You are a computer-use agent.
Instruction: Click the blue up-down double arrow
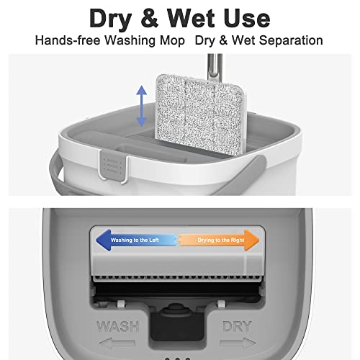(x=141, y=107)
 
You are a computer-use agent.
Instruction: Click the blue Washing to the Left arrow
(x=132, y=239)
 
